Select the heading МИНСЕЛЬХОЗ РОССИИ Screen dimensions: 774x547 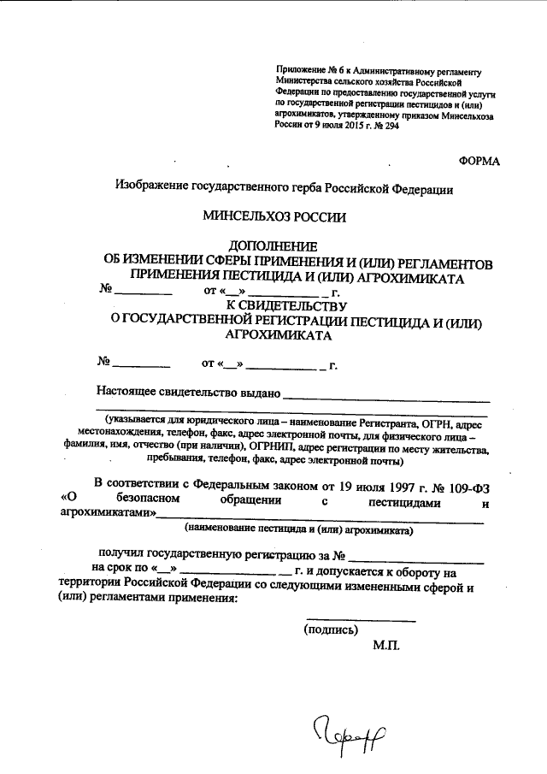coord(274,218)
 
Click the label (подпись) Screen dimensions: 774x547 coord(329,629)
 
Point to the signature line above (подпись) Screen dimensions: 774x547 coord(361,618)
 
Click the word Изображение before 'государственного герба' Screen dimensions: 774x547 coord(152,190)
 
